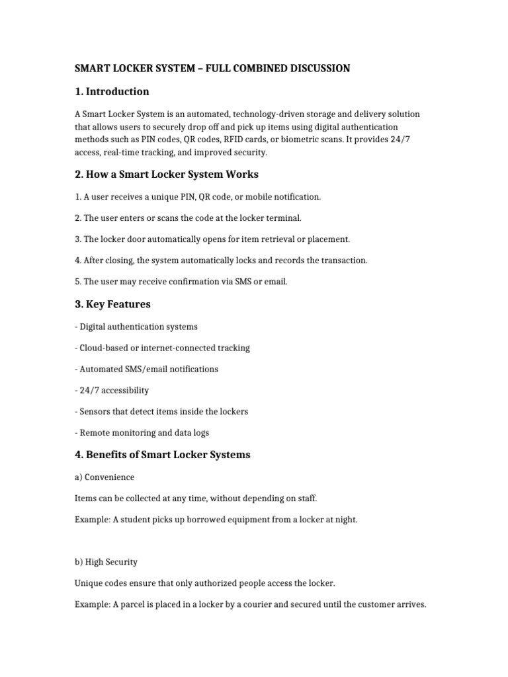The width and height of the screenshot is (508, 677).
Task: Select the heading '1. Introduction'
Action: (x=112, y=91)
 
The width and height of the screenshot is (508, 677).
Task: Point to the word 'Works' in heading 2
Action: (x=243, y=175)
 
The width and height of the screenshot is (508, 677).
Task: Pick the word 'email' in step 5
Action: (x=275, y=282)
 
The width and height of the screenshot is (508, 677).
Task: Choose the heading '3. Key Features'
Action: (x=112, y=304)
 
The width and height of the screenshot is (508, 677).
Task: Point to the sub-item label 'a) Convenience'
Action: (x=105, y=477)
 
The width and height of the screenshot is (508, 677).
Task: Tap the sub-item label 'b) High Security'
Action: (x=106, y=562)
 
